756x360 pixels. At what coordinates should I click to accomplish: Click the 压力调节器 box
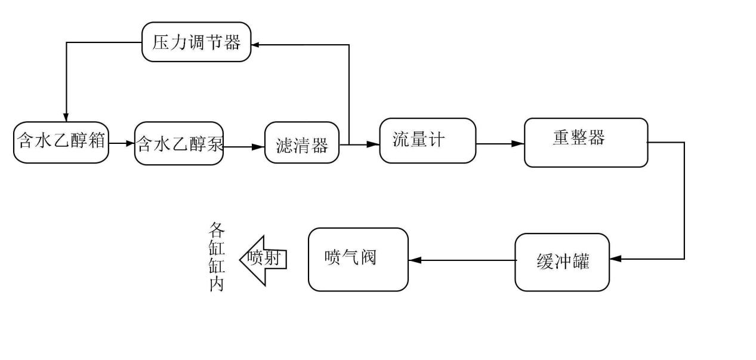pos(196,42)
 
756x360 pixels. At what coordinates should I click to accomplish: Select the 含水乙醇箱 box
pos(61,143)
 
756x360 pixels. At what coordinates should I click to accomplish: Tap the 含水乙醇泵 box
pos(179,144)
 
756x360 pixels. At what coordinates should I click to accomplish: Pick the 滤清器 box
pos(302,143)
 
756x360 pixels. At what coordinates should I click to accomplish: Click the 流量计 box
pos(427,140)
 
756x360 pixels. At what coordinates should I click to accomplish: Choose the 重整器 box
pos(585,143)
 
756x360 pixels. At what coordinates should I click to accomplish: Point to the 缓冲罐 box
pos(562,263)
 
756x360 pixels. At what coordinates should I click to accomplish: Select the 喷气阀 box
pos(358,260)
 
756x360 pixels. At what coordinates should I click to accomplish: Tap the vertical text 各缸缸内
pos(217,257)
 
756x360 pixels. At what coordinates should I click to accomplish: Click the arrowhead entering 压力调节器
pos(256,44)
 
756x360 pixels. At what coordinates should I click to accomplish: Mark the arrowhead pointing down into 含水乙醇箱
pos(66,115)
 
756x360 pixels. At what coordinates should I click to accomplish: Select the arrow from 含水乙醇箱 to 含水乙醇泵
pos(122,143)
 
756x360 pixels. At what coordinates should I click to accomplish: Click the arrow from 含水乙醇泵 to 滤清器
pos(244,145)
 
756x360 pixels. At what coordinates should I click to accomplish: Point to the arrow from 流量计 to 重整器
pos(500,144)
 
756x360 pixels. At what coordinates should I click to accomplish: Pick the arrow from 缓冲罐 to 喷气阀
pos(462,260)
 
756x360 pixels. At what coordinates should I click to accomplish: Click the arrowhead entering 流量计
pos(374,144)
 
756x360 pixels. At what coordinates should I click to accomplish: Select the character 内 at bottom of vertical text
pos(217,284)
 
